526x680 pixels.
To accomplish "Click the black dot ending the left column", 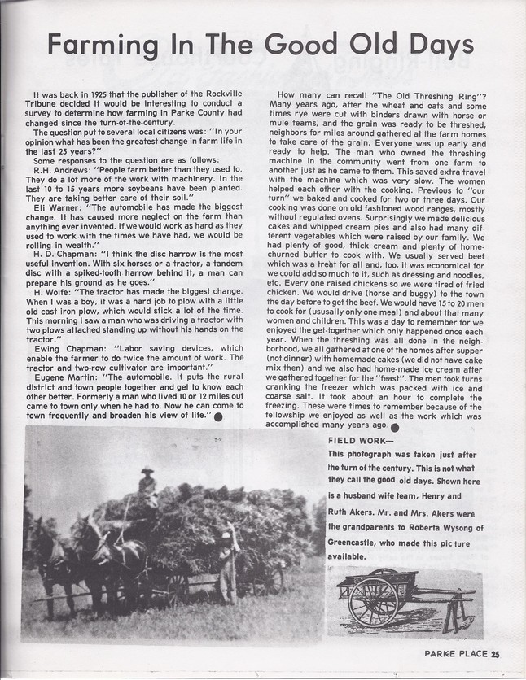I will pos(218,416).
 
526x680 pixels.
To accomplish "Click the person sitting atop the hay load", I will pos(147,486).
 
